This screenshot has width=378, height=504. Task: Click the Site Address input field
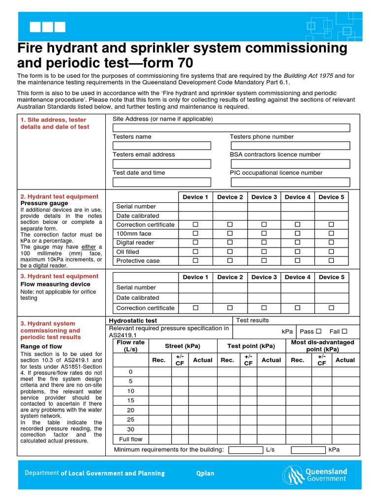click(x=231, y=128)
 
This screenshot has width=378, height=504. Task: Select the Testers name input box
click(x=161, y=146)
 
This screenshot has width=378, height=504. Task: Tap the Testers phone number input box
click(x=290, y=146)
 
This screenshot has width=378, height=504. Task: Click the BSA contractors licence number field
click(x=290, y=164)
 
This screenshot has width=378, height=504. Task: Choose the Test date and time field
click(x=161, y=182)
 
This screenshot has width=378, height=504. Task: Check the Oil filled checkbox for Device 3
click(x=264, y=252)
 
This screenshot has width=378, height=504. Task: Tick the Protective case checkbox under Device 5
click(x=331, y=260)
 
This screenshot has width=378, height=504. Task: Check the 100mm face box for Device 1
click(x=195, y=233)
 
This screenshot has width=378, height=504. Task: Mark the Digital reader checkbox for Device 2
click(x=230, y=242)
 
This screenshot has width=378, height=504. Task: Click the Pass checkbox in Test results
click(x=318, y=331)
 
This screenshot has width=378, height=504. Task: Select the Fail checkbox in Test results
click(x=345, y=331)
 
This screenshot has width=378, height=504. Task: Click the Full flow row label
click(x=130, y=439)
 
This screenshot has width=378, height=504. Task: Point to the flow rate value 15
click(x=130, y=401)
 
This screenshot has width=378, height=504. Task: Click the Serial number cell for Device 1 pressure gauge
click(x=195, y=207)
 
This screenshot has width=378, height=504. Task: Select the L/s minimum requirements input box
click(x=246, y=450)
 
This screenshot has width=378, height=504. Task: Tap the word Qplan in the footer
click(x=205, y=473)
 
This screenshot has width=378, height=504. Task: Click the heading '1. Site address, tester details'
click(x=55, y=123)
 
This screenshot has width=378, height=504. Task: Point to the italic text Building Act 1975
click(x=308, y=75)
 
